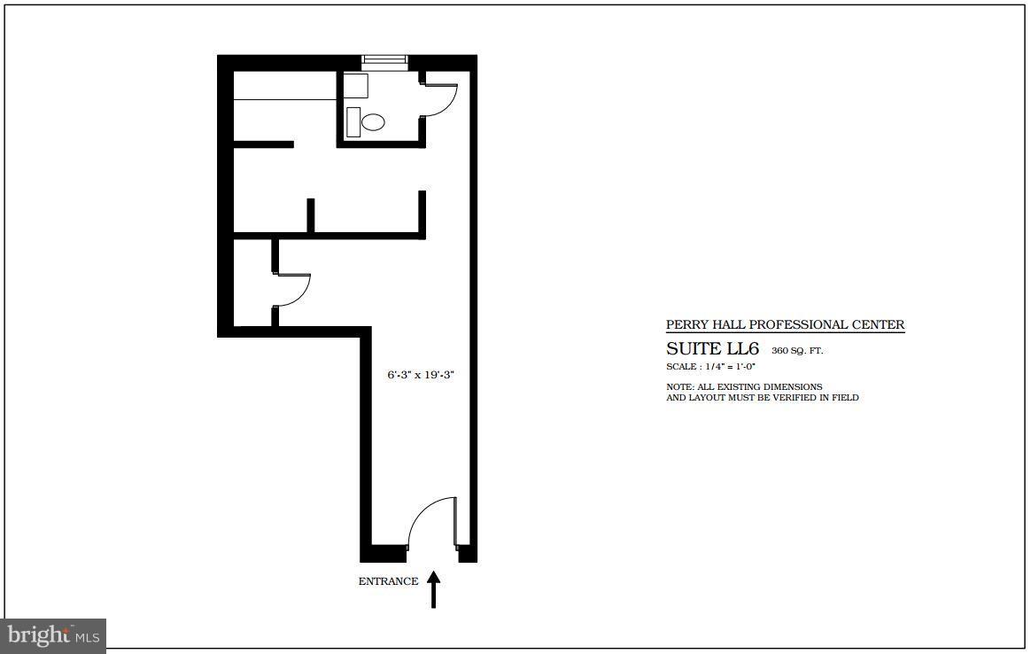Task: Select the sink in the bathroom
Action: pyautogui.click(x=356, y=86)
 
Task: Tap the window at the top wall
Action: pyautogui.click(x=384, y=60)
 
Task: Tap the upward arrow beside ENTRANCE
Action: pyautogui.click(x=433, y=589)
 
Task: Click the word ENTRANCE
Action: pyautogui.click(x=388, y=582)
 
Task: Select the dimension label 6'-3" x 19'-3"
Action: pyautogui.click(x=421, y=375)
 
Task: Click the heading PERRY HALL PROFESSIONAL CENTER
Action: pyautogui.click(x=785, y=325)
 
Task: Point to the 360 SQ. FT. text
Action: pyautogui.click(x=797, y=351)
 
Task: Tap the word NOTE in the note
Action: pyautogui.click(x=678, y=387)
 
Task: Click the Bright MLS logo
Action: pyautogui.click(x=53, y=635)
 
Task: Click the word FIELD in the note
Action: pyautogui.click(x=844, y=398)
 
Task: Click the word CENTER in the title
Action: pyautogui.click(x=880, y=325)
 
